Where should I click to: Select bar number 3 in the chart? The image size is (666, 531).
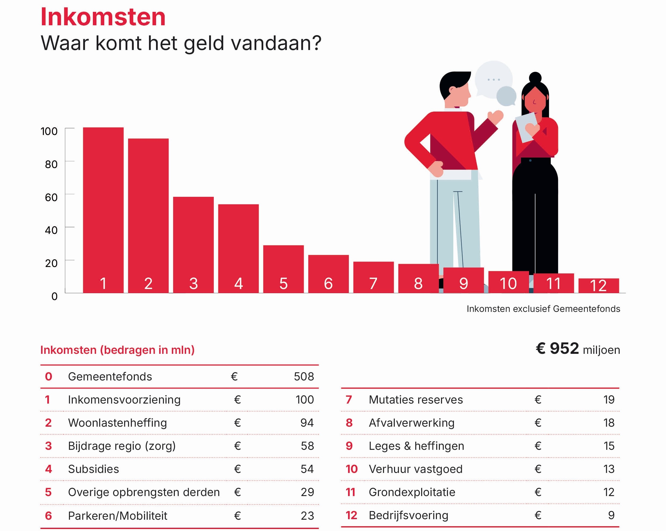[193, 244]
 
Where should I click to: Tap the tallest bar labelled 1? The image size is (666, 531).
[103, 210]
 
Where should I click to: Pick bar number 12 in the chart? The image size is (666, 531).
[598, 286]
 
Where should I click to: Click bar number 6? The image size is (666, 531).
[328, 274]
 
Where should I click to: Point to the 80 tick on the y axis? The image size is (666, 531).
[51, 164]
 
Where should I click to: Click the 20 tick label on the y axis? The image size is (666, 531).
[51, 263]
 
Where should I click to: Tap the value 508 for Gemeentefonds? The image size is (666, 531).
[304, 376]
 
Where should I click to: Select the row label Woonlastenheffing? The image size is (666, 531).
[117, 423]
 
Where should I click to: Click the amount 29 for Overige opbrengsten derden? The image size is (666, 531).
[307, 492]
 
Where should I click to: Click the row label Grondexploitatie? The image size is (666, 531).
[412, 492]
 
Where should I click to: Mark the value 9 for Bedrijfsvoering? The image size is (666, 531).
[611, 515]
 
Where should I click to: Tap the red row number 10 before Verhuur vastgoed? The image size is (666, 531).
[351, 469]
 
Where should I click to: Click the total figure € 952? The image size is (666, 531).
[557, 348]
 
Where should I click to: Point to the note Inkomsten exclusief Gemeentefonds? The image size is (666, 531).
[543, 309]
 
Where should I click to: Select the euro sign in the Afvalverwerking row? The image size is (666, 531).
[538, 423]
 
